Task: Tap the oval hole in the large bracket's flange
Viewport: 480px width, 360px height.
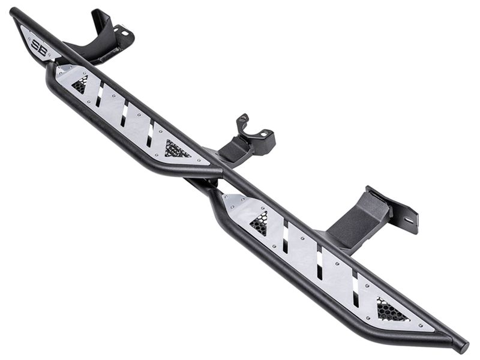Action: [409, 220]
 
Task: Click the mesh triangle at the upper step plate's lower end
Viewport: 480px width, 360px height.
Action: [176, 149]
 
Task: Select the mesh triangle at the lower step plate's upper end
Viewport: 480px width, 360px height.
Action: [259, 223]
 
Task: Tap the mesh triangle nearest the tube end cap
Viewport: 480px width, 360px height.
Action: [392, 311]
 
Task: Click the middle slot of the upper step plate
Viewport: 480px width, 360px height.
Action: [124, 113]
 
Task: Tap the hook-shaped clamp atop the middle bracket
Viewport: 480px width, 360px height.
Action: [242, 124]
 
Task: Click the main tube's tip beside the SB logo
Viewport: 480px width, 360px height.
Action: [14, 13]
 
